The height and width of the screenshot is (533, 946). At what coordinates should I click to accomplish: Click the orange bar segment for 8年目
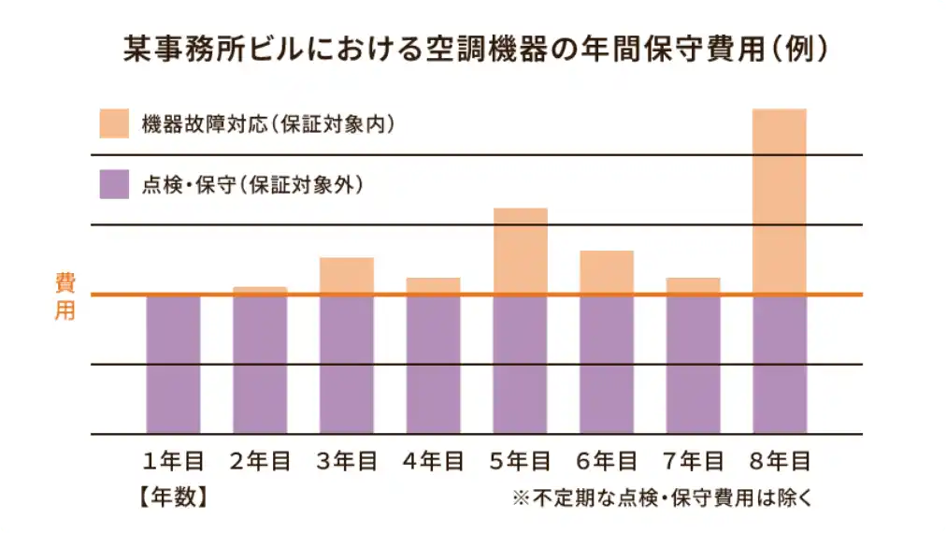[x=779, y=200]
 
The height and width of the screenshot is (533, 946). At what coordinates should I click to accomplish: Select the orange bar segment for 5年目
[x=520, y=251]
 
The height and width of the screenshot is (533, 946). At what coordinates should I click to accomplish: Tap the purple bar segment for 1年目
[x=173, y=365]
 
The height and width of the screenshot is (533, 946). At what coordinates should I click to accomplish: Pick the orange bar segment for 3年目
[x=347, y=275]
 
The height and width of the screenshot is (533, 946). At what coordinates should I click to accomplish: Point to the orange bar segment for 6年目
[x=606, y=271]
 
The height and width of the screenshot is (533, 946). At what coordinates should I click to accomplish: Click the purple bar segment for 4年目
[x=433, y=365]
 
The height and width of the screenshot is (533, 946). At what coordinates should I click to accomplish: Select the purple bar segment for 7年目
[x=693, y=365]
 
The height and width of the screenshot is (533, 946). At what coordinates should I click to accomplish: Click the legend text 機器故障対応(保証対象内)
[x=266, y=123]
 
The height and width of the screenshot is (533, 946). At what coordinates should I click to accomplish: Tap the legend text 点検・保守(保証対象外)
[x=251, y=184]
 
